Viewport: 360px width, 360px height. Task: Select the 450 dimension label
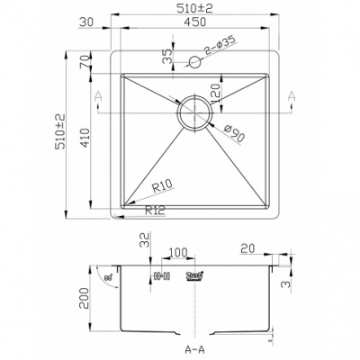tap(193, 26)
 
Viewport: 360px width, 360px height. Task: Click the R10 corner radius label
tap(162, 186)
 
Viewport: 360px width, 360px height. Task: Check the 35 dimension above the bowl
tap(166, 56)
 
